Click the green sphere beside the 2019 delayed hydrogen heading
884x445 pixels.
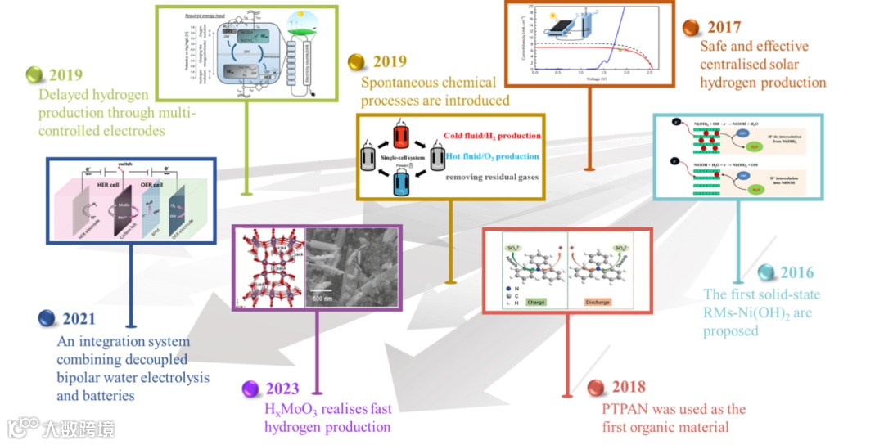[x=34, y=74]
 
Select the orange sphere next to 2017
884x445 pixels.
[x=691, y=27]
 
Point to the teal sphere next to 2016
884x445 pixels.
[x=766, y=273]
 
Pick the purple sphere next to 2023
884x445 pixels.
[x=251, y=389]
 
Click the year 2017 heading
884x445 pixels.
[x=724, y=27]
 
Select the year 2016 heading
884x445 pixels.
[x=797, y=273]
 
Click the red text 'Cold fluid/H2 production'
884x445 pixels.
[x=492, y=136]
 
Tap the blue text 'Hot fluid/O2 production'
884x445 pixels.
[x=491, y=156]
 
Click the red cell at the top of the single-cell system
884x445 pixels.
[x=400, y=134]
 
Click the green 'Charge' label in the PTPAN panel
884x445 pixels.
[x=535, y=301]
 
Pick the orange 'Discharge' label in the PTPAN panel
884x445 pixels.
[x=598, y=301]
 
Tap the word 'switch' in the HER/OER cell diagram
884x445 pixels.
[x=122, y=163]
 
